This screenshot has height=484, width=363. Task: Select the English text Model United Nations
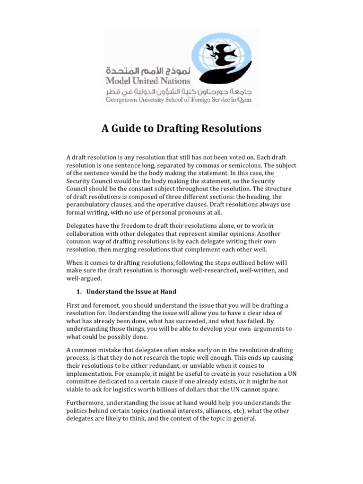pos(148,80)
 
